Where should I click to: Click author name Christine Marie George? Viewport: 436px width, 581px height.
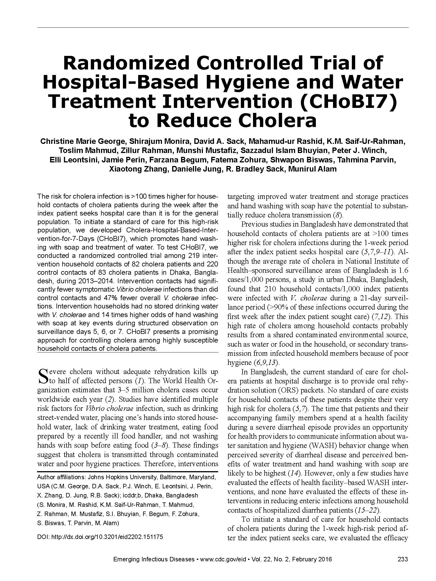pos(82,141)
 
